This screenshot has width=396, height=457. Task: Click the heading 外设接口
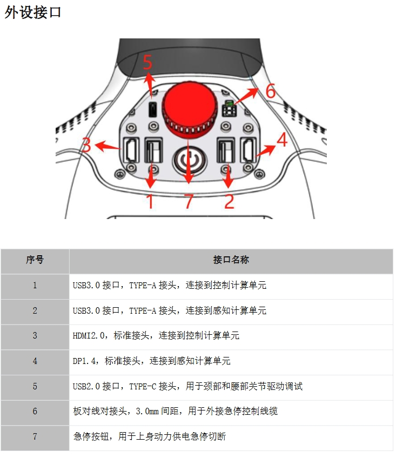click(x=33, y=12)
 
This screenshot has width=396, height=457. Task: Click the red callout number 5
click(x=147, y=63)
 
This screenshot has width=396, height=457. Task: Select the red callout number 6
click(x=270, y=91)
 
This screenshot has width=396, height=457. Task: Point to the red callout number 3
click(x=86, y=145)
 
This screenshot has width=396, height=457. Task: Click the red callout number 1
click(x=150, y=202)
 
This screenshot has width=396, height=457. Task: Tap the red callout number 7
click(x=189, y=202)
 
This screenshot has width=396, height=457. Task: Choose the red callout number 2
click(x=229, y=202)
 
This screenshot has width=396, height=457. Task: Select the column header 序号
click(x=35, y=260)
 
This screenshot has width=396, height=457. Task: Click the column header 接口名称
click(x=231, y=260)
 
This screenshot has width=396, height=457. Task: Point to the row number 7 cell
click(x=35, y=436)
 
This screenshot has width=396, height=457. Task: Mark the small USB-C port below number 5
click(x=153, y=110)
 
